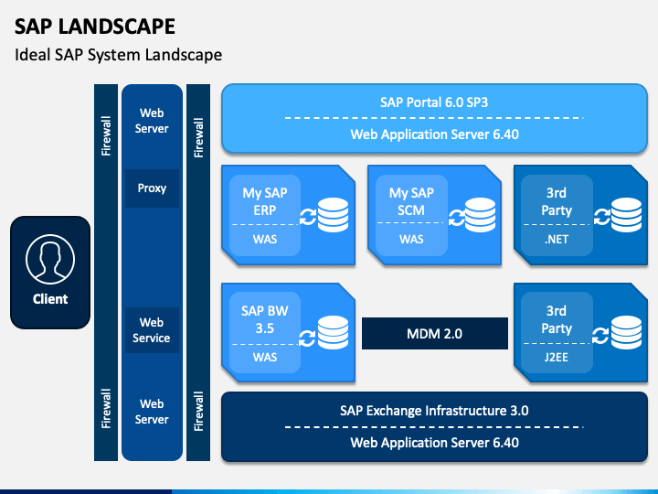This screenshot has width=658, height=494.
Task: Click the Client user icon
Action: tap(50, 259)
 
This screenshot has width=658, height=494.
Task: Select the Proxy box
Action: tap(152, 188)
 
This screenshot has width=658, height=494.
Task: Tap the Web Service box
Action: tap(152, 330)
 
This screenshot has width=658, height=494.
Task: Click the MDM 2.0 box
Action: tap(435, 334)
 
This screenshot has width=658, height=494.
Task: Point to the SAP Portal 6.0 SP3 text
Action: tap(434, 102)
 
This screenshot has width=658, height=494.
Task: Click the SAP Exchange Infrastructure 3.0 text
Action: tap(434, 411)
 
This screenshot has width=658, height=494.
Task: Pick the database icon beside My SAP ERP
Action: tap(334, 215)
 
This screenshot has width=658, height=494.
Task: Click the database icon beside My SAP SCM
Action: tap(480, 215)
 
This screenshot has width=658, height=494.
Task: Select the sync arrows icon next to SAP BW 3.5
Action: tap(307, 338)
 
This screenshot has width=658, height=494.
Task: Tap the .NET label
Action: tap(557, 240)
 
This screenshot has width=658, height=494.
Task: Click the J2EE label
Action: tap(557, 358)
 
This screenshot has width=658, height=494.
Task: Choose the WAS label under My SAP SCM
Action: tap(411, 240)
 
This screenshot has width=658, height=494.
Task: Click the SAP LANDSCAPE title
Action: tap(95, 27)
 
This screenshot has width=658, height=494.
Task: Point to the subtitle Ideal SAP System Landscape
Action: tap(118, 55)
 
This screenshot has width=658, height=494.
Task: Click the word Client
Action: tap(50, 299)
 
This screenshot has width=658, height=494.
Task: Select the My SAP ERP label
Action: tap(265, 201)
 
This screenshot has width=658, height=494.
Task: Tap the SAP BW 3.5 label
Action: tap(265, 319)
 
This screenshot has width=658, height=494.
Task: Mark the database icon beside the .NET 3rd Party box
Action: tap(626, 215)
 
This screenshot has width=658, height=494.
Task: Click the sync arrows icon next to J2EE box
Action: tap(600, 336)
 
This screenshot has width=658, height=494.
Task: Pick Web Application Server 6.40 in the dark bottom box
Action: tap(434, 443)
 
